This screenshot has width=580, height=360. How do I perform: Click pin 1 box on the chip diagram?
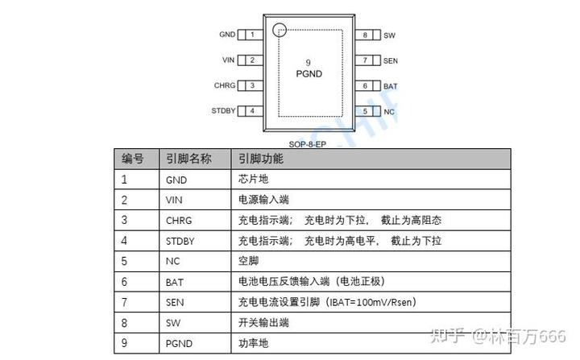coord(252,35)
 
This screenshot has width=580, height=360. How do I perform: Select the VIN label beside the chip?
coord(228,60)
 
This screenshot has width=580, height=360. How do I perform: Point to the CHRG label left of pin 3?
coord(224,85)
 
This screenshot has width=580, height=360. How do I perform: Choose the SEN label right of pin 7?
coord(390,60)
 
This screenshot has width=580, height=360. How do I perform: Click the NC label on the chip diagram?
coord(388,111)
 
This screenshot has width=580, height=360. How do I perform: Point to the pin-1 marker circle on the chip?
coord(280,31)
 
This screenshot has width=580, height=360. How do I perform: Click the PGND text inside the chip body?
coord(309,73)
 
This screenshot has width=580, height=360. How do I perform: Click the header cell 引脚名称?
coord(188,159)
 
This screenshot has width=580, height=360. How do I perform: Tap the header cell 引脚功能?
coord(261,159)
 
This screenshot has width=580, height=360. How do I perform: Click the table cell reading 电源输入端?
coord(262,200)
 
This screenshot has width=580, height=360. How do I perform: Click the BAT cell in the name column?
coord(175,282)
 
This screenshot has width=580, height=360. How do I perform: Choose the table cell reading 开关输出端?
coord(262,322)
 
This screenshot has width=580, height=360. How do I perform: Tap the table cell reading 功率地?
coord(251,343)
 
